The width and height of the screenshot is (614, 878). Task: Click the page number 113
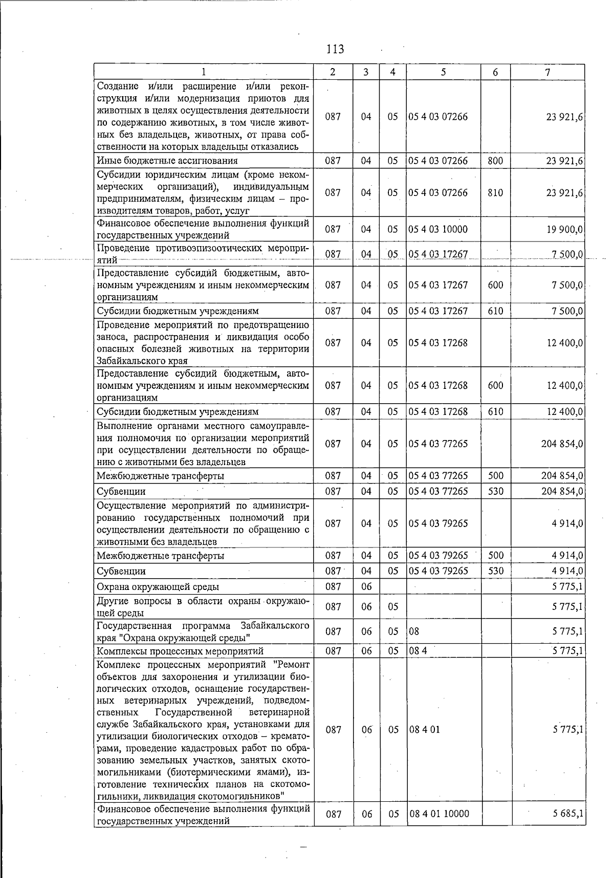(335, 49)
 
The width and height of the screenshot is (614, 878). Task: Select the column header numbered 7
(547, 72)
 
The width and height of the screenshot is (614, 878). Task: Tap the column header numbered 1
(204, 72)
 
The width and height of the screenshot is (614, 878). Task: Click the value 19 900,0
(564, 229)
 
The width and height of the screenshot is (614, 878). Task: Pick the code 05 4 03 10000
(438, 229)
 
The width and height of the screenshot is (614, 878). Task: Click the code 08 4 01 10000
(439, 814)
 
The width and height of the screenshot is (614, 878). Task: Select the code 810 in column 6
(495, 193)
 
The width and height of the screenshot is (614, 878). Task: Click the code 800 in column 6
(495, 161)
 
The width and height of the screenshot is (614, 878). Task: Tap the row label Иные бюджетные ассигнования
(167, 161)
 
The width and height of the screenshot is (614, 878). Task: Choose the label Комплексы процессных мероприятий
(180, 651)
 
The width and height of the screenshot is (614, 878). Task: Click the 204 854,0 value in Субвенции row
(562, 492)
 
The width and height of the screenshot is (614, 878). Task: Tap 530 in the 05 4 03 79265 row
(495, 571)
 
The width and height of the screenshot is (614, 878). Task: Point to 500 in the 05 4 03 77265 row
(495, 476)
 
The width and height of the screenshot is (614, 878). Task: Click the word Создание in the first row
(117, 85)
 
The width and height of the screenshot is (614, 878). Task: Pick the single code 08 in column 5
(414, 632)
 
